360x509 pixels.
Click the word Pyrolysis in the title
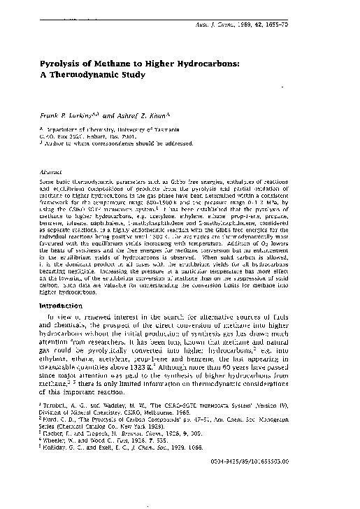click(x=61, y=64)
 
